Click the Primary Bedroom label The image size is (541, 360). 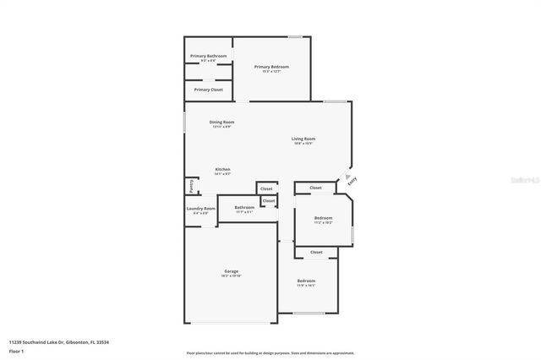(x=271, y=67)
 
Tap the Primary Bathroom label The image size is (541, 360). (x=208, y=56)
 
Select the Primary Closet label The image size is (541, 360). (x=208, y=90)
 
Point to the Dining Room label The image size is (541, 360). (x=222, y=122)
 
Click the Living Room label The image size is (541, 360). (x=303, y=139)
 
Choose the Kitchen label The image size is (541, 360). (x=222, y=169)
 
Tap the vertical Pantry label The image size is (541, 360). (x=191, y=184)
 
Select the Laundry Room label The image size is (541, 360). (x=200, y=208)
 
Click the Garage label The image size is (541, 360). (x=231, y=271)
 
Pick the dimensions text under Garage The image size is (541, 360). (x=231, y=276)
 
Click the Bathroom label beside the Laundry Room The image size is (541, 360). (x=244, y=207)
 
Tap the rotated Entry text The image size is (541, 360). (x=351, y=179)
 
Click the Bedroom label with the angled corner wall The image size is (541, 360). (x=323, y=217)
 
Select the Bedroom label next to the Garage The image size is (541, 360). (x=305, y=281)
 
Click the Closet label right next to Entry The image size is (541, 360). (x=315, y=188)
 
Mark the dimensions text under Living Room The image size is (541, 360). (x=303, y=144)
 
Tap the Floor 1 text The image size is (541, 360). (x=17, y=351)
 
